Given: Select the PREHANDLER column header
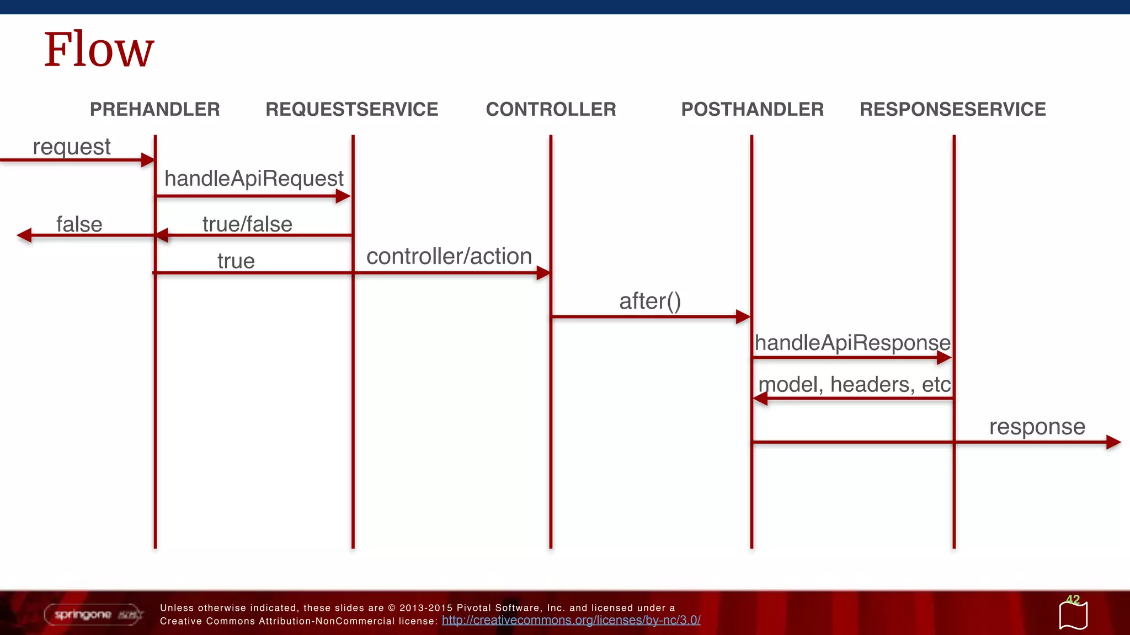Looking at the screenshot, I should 154,109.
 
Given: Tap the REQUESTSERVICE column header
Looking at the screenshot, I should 351,109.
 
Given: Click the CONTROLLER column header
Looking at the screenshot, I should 551,109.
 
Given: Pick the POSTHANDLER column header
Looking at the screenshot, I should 752,109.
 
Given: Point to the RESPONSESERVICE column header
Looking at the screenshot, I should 952,109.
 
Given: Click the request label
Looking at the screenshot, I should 72,147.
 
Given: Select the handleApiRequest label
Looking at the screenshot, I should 254,179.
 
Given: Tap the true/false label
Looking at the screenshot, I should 247,224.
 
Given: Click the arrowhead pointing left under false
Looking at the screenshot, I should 24,236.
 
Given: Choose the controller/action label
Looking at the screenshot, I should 449,256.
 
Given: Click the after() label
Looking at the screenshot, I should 650,301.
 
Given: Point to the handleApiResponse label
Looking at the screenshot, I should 852,343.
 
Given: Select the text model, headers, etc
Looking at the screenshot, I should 854,384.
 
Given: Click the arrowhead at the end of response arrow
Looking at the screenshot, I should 1113,442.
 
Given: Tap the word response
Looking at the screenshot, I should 1037,427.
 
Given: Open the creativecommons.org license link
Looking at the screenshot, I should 571,620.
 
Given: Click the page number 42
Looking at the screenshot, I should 1073,600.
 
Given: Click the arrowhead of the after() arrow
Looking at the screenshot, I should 743,317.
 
